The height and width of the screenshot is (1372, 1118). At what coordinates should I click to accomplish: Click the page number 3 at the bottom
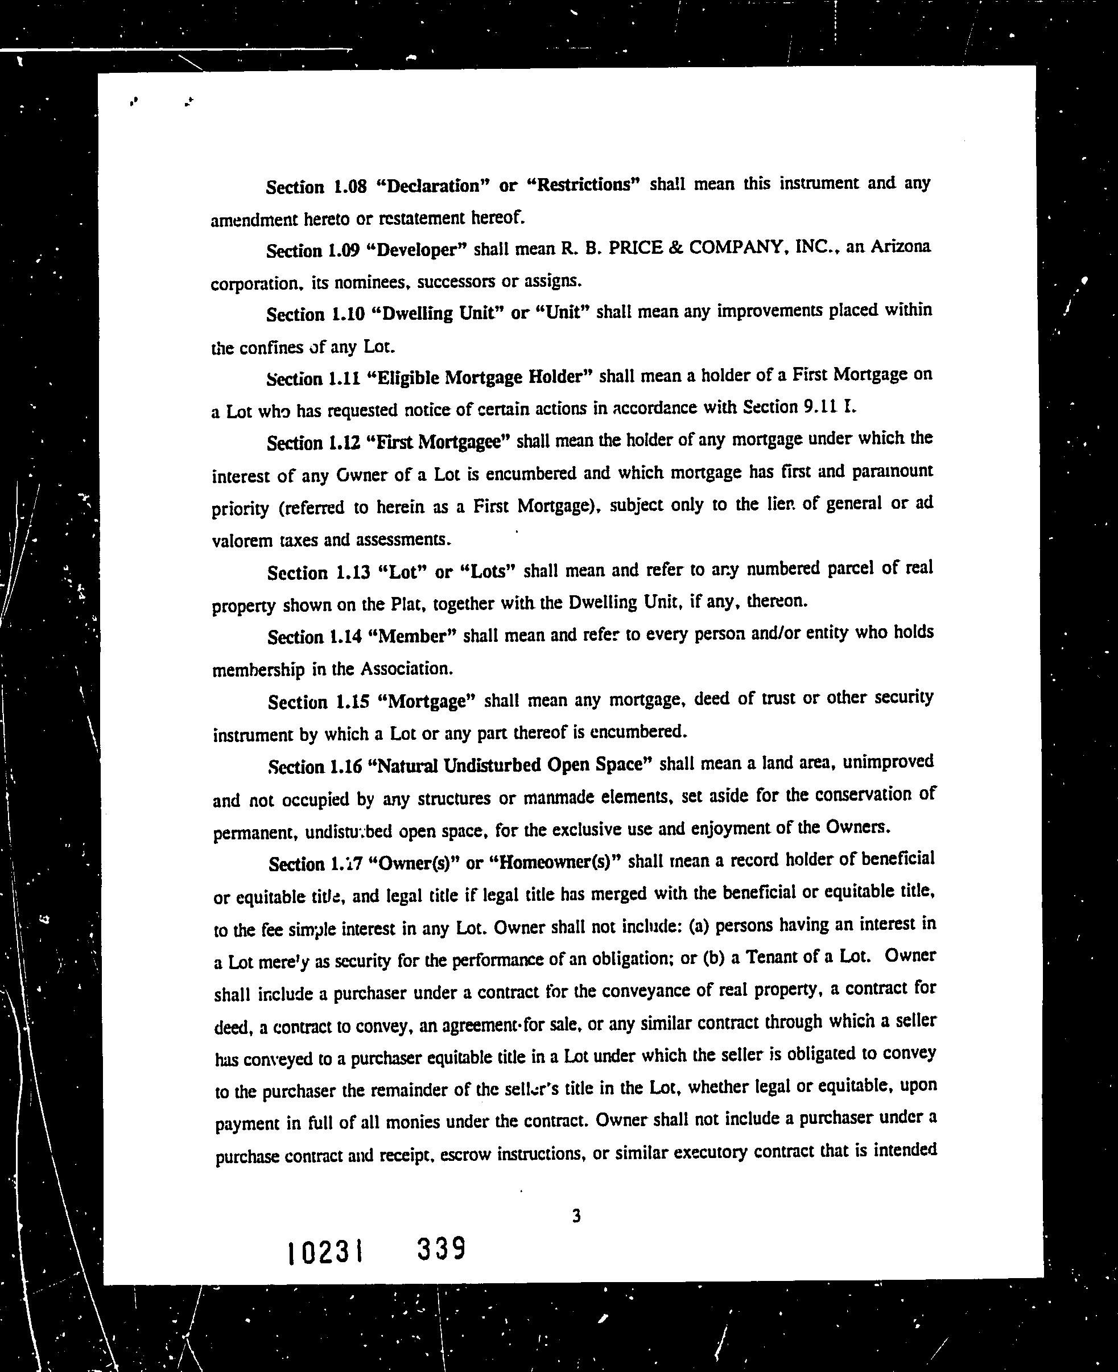(x=576, y=1216)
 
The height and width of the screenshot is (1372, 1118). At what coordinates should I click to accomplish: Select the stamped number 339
(x=441, y=1250)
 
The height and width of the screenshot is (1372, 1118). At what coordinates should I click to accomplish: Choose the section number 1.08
(x=350, y=187)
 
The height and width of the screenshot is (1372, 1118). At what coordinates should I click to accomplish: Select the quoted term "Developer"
(x=420, y=250)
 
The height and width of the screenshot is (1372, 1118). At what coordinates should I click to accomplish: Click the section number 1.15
(x=352, y=701)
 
